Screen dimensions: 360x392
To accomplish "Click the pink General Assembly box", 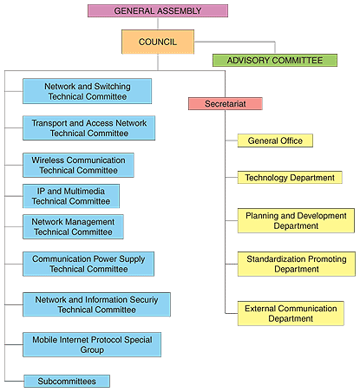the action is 158,10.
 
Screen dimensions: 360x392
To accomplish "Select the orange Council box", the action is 158,42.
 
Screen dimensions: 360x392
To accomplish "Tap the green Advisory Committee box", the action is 275,60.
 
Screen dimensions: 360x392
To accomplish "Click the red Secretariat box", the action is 226,103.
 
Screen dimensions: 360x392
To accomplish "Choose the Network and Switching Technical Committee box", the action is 88,91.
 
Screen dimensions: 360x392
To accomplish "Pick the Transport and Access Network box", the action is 89,128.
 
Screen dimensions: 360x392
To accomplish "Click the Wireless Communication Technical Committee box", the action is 78,165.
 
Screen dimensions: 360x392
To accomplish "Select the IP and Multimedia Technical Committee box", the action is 71,196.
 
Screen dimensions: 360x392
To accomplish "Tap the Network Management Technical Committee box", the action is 73,226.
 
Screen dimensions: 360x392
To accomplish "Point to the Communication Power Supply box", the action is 88,264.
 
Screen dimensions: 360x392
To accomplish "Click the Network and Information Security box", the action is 96,304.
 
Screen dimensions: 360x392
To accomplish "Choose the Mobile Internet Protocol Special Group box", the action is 92,344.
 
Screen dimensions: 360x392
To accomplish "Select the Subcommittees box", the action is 67,381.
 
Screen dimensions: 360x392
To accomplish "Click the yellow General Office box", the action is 275,140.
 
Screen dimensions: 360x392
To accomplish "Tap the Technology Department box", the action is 290,177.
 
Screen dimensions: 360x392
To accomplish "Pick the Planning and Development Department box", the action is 296,220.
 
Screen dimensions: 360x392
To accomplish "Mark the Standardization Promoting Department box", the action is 297,264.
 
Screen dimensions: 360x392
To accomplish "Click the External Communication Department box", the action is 291,313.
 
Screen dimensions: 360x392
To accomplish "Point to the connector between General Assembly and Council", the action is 158,23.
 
